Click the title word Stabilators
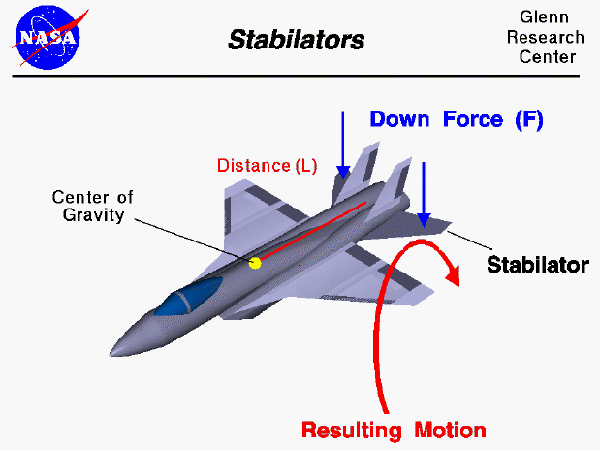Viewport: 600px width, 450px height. pyautogui.click(x=297, y=40)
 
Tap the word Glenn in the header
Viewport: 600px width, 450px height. pyautogui.click(x=552, y=18)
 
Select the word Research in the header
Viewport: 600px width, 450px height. pyautogui.click(x=552, y=37)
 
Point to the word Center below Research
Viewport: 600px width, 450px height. pyautogui.click(x=552, y=56)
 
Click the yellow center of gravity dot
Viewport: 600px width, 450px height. pyautogui.click(x=255, y=263)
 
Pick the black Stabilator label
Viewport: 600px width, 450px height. pyautogui.click(x=537, y=264)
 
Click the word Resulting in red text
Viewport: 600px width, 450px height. pyautogui.click(x=354, y=428)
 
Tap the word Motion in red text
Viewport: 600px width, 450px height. pyautogui.click(x=450, y=428)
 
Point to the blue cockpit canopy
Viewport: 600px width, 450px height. pyautogui.click(x=194, y=295)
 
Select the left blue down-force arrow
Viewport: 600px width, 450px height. pyautogui.click(x=342, y=145)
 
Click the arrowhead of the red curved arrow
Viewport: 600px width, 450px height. pyautogui.click(x=452, y=276)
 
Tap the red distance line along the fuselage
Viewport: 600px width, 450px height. pyautogui.click(x=310, y=233)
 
